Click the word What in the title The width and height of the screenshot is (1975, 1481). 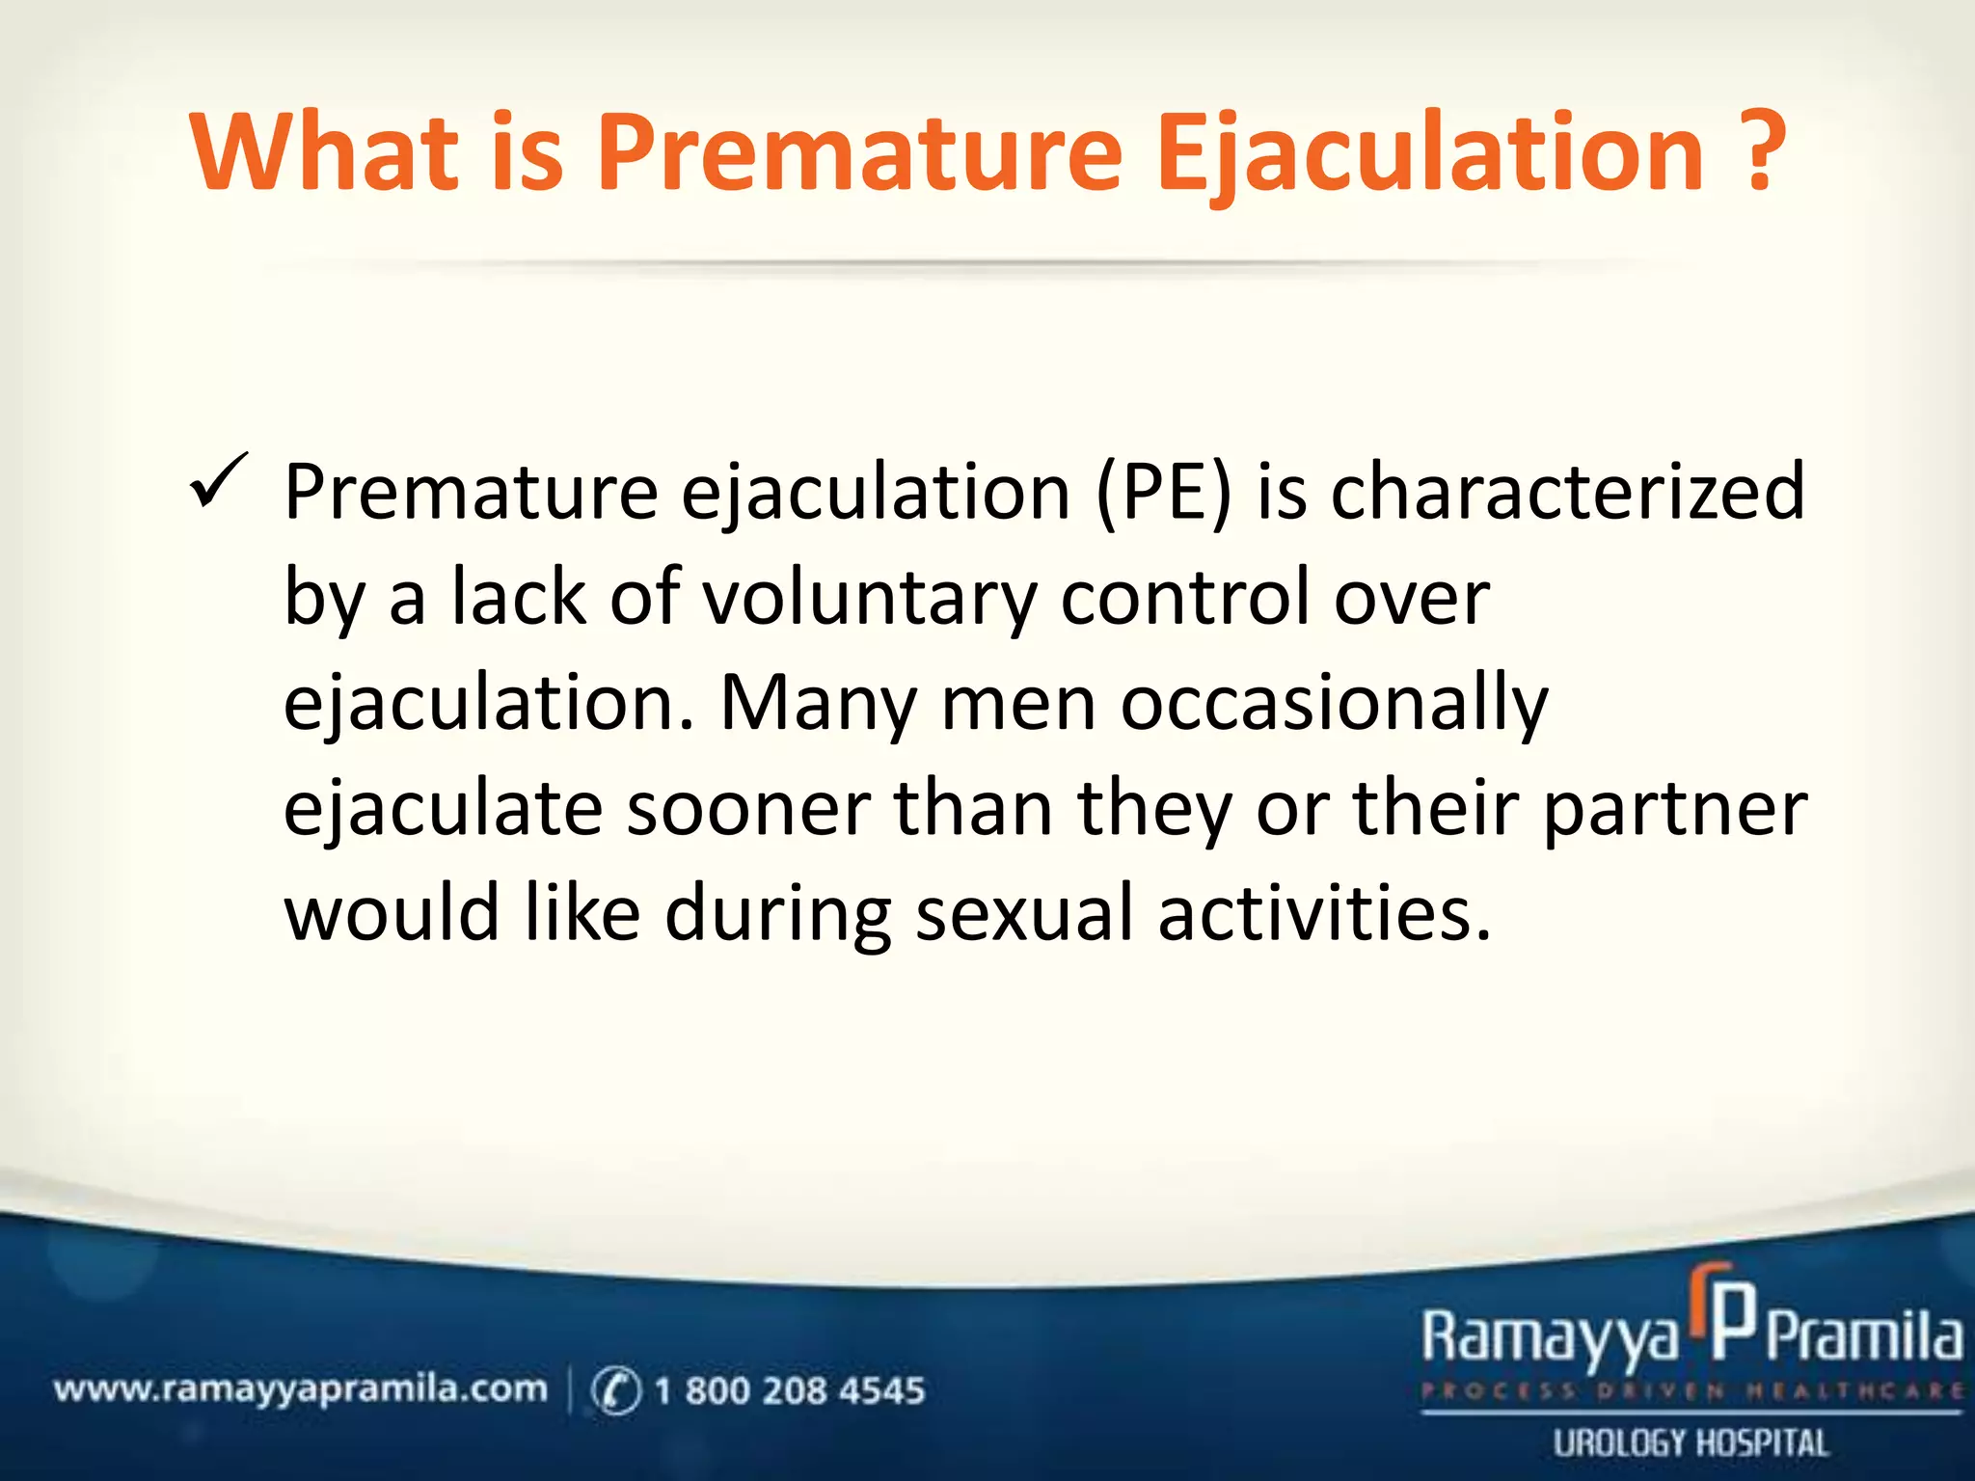pos(324,152)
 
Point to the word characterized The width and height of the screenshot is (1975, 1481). pos(1567,492)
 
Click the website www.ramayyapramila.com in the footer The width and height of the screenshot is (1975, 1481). pos(300,1389)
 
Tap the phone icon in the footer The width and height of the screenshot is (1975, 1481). pos(615,1390)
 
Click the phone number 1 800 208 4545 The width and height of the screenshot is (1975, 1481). pos(789,1390)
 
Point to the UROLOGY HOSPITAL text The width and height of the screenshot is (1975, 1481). pos(1690,1443)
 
